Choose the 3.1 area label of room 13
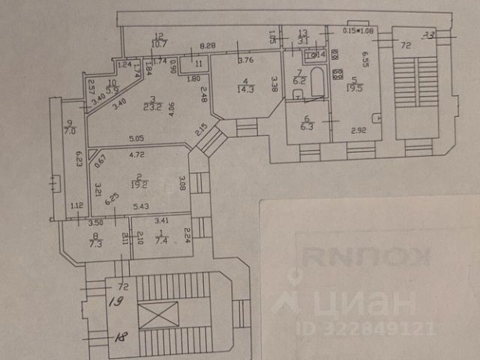[302, 41]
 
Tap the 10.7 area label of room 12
[160, 43]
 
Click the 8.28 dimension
[207, 46]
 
